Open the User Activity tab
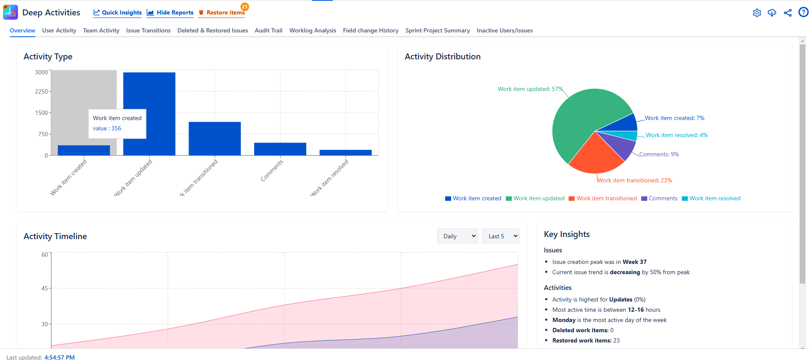pos(59,30)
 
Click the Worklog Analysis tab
pos(312,30)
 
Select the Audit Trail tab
pos(268,30)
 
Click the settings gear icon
pos(757,13)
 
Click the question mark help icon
pos(803,12)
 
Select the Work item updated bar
pos(149,114)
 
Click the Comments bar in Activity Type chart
pos(280,149)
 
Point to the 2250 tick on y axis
pos(41,91)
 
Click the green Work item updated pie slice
pos(581,115)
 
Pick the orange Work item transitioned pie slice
pos(596,156)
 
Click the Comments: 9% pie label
pos(659,154)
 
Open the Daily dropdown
pos(457,236)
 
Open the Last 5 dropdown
pos(501,236)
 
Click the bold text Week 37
pos(634,262)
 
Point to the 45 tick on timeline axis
pos(44,288)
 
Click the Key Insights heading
pos(566,234)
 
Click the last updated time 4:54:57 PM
pos(59,357)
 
